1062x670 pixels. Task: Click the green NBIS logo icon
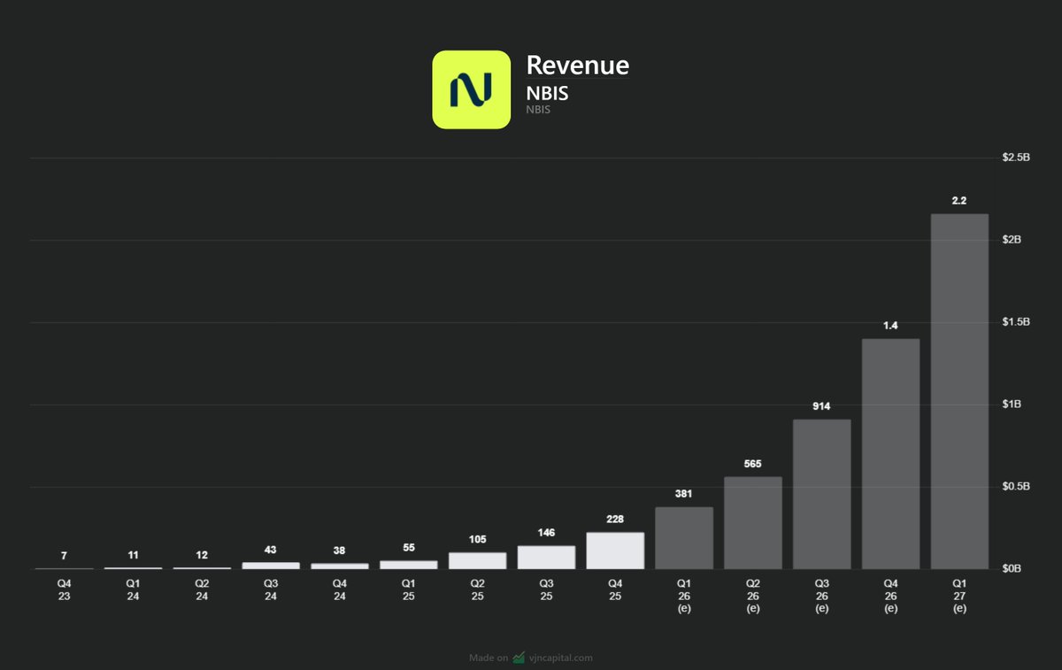pos(471,89)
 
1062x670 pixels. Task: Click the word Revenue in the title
pos(577,65)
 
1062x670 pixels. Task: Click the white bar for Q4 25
pos(615,551)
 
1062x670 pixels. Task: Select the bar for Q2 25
pos(477,560)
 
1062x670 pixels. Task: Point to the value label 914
pos(821,405)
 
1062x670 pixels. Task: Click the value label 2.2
pos(959,201)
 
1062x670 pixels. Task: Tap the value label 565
pos(752,464)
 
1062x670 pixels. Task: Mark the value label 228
pos(615,519)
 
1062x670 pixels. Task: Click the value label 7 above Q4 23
pos(64,556)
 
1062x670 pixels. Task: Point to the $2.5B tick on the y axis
pos(1016,158)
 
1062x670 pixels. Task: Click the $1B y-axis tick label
pos(1011,404)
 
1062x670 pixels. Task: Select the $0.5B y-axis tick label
pos(1014,487)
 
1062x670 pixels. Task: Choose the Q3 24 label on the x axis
pos(271,589)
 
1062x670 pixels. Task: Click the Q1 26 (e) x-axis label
pos(683,596)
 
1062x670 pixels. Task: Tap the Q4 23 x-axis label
pos(64,589)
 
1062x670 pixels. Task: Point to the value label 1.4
pos(890,326)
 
